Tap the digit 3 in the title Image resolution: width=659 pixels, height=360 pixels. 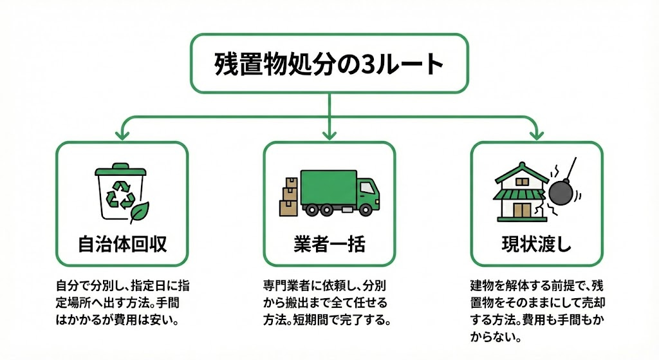(373, 65)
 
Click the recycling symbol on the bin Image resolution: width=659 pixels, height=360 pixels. (121, 194)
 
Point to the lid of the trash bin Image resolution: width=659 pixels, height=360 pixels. (122, 171)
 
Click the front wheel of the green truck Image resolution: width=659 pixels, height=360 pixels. (364, 209)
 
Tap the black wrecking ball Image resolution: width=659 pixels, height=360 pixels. (559, 191)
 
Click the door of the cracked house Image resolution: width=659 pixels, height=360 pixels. (523, 211)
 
